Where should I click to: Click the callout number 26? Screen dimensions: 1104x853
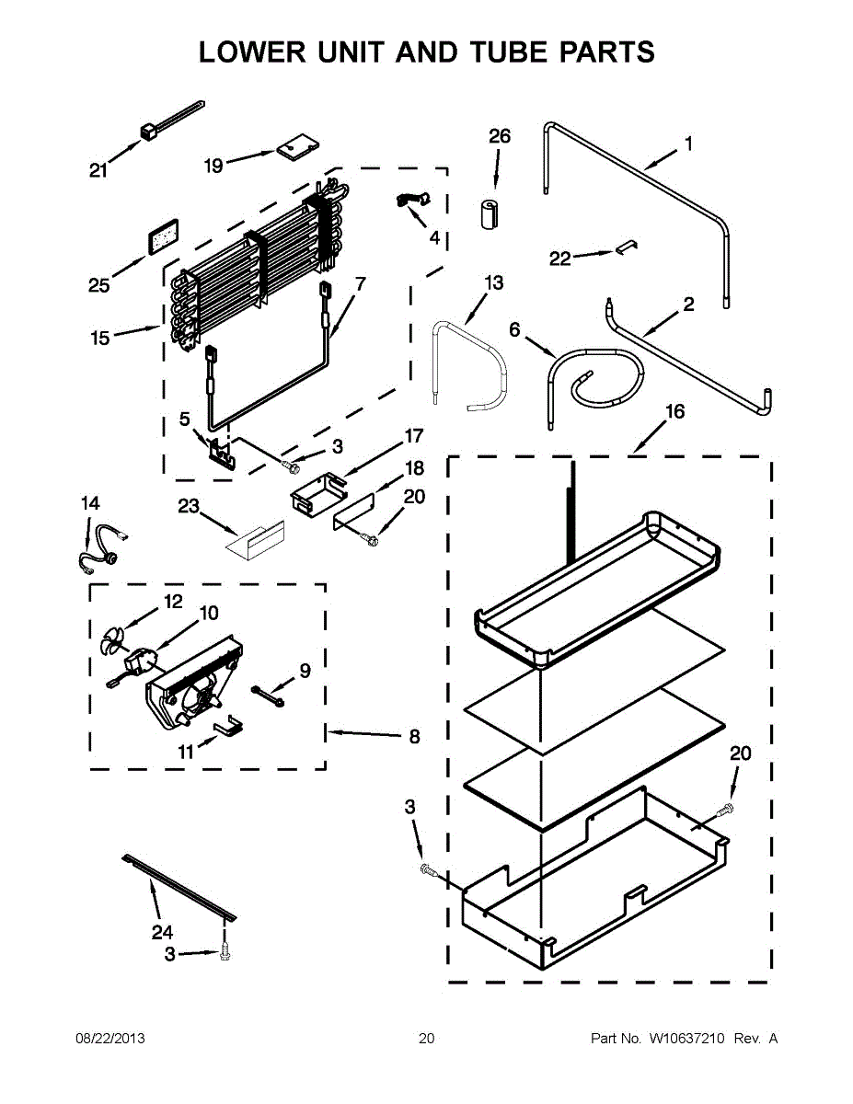(500, 136)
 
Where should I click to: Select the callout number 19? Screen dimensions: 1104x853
(213, 166)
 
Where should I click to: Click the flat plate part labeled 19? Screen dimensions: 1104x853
(293, 147)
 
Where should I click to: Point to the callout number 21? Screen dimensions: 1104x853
(98, 169)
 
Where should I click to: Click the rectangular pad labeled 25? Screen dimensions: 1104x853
(163, 235)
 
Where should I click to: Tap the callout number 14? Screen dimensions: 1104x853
(90, 503)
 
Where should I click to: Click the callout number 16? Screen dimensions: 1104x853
(674, 411)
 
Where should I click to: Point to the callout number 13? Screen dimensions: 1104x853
(494, 282)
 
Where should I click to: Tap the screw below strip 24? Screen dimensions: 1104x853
(225, 956)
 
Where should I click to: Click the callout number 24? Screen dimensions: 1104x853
(162, 932)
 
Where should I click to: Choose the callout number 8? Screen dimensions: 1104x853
(414, 736)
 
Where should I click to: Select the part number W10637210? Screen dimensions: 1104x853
(687, 1039)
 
